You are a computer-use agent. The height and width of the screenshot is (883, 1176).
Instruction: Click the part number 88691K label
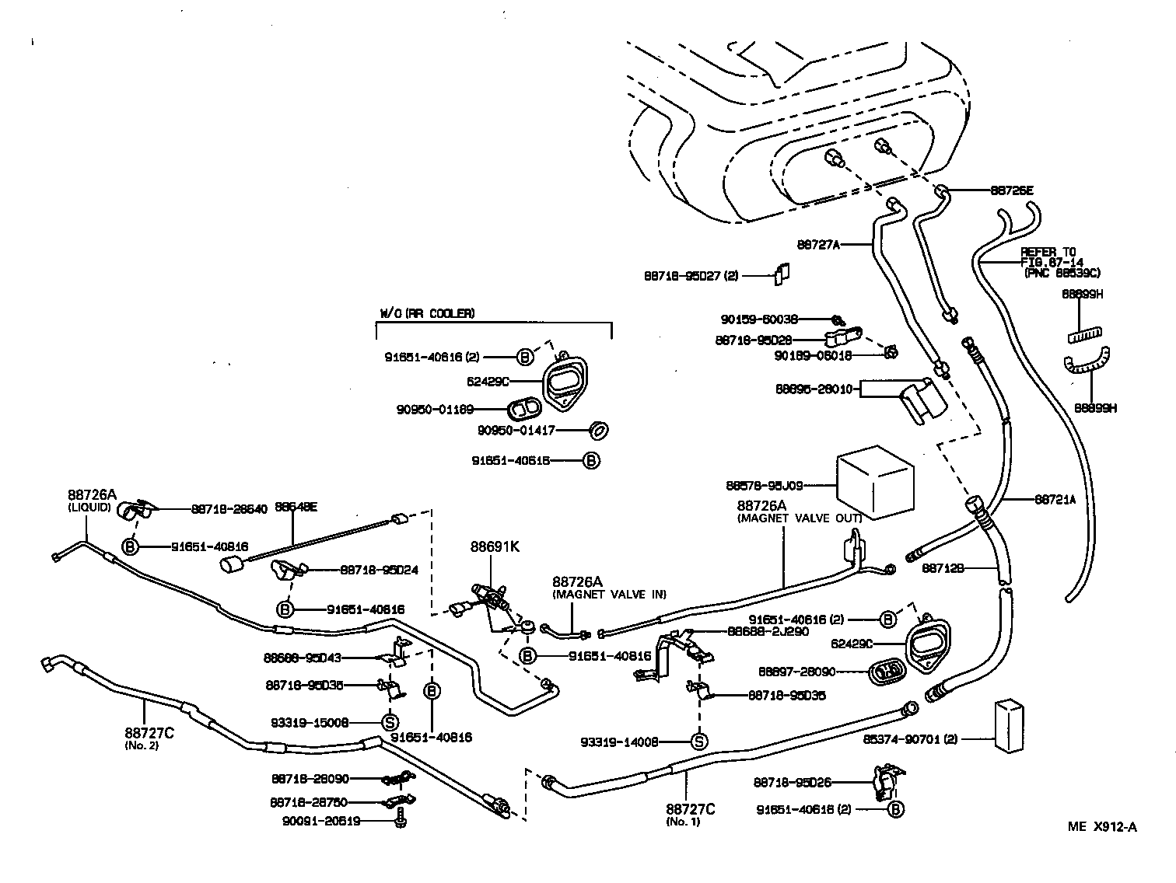coord(494,546)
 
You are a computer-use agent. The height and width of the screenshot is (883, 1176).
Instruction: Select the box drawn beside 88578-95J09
coord(874,483)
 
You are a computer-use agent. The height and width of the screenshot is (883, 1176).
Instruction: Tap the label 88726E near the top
coord(1011,190)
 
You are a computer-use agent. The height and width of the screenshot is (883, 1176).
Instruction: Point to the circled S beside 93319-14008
coord(699,742)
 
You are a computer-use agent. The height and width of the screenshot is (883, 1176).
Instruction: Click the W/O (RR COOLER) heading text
coord(426,313)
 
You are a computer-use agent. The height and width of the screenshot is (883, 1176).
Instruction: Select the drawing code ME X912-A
coord(1101,826)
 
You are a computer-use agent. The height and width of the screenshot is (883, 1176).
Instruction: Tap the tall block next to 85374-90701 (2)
coord(1008,726)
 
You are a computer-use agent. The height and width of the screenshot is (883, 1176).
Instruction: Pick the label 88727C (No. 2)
coord(149,738)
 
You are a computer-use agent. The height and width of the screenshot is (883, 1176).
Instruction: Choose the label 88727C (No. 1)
coord(690,815)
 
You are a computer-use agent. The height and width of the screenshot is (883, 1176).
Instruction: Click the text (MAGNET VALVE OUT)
coord(799,518)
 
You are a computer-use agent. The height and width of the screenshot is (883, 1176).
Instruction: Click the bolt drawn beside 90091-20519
coord(401,818)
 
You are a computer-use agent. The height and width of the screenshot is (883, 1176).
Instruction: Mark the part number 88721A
coord(1055,500)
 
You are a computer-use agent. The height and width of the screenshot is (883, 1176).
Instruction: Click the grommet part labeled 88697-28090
coord(884,670)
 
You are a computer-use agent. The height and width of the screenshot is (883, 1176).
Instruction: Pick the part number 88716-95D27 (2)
coord(691,275)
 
